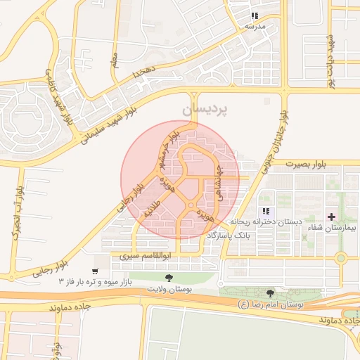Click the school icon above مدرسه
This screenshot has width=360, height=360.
[x=254, y=15]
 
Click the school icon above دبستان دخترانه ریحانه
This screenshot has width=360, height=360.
[x=265, y=211]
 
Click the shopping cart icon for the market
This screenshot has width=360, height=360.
[x=95, y=271]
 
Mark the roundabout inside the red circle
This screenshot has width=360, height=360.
[x=191, y=205]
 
